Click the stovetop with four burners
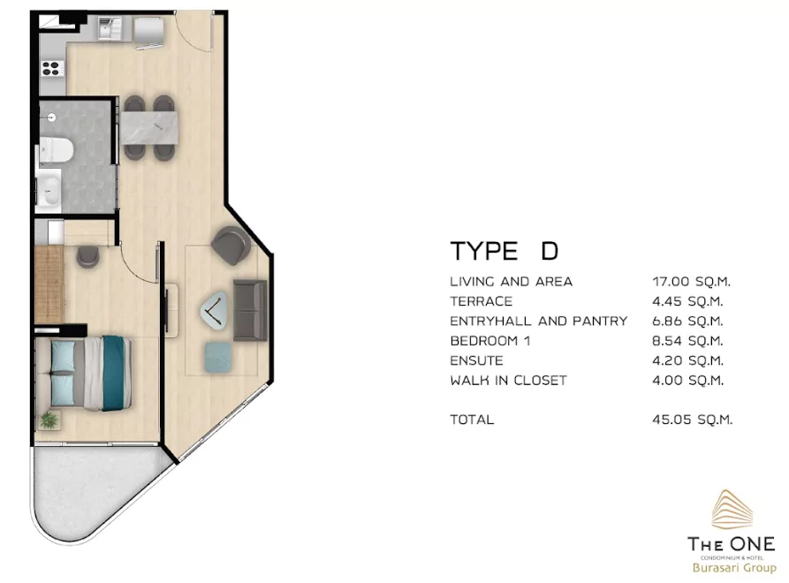tap(52, 68)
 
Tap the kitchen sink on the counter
tap(110, 28)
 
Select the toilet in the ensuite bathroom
tap(57, 150)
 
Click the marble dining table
tap(149, 128)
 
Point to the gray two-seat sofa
tap(250, 310)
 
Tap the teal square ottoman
tap(218, 358)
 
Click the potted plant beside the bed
tap(49, 420)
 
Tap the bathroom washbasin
tap(49, 190)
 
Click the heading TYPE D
tap(505, 251)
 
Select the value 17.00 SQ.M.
tap(692, 281)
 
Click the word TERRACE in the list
tap(481, 301)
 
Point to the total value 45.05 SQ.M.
tap(693, 420)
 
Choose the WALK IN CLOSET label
tap(508, 381)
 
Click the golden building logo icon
tap(732, 510)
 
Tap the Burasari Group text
tap(734, 568)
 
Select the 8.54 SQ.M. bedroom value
tap(688, 341)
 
